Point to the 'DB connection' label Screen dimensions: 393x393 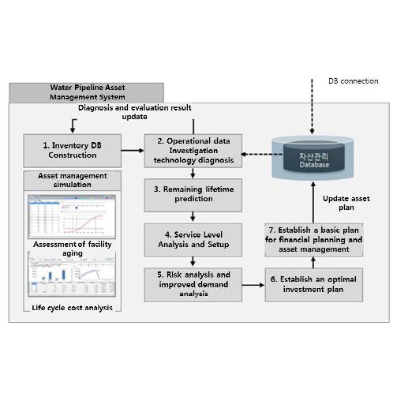[352, 81]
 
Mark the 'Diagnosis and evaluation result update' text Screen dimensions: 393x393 [135, 112]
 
